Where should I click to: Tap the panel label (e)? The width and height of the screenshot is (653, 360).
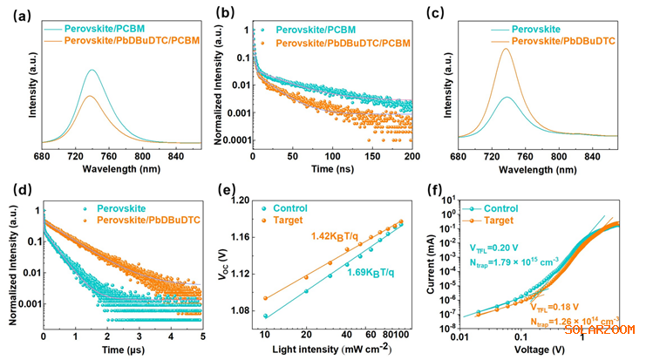232,191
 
